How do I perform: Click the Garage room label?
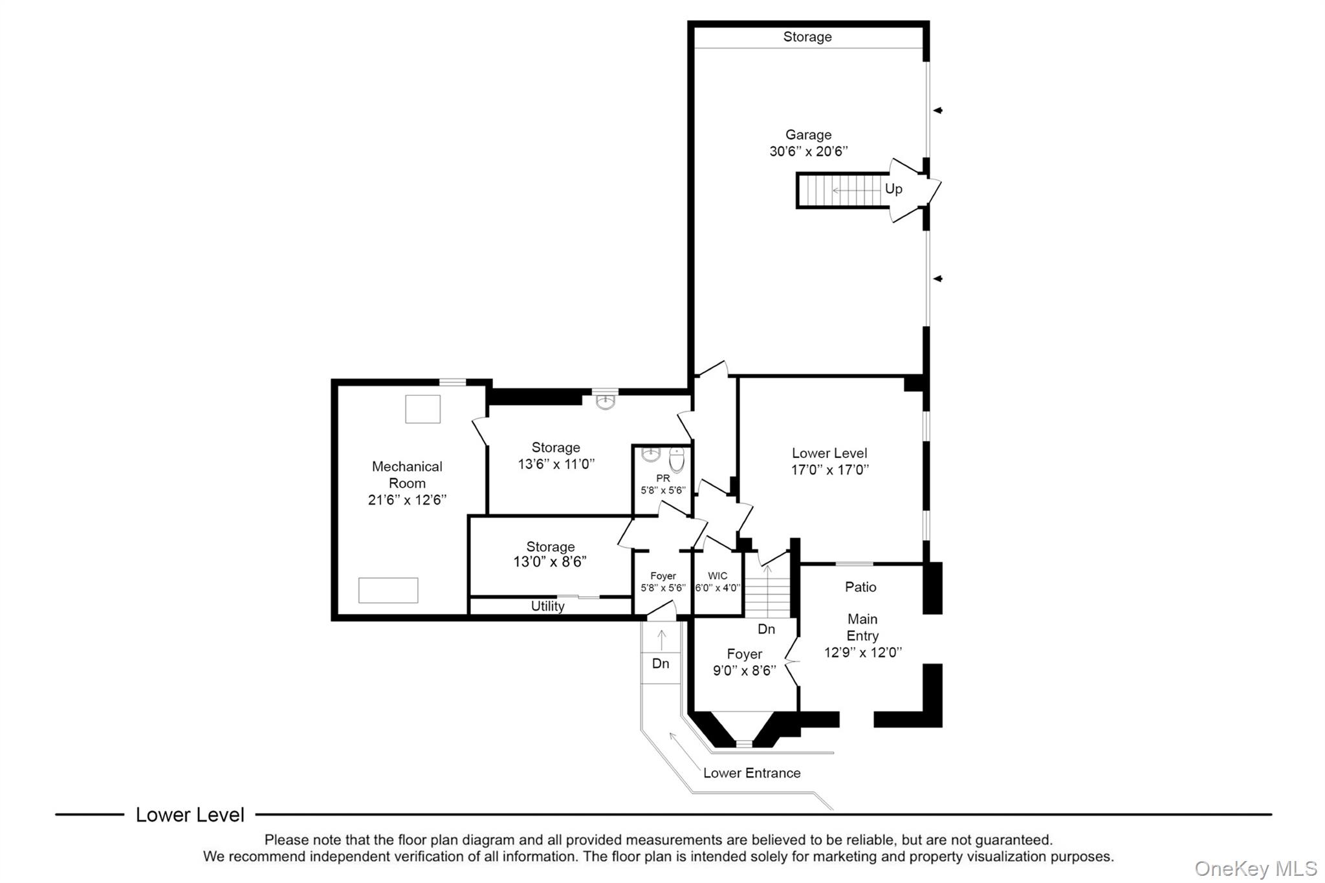click(808, 135)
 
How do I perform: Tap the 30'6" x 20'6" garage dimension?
click(808, 151)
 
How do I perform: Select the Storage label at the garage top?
click(807, 37)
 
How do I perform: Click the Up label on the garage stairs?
click(893, 189)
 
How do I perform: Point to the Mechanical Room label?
click(407, 474)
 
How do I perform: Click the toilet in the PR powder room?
click(676, 461)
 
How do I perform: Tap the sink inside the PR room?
click(650, 455)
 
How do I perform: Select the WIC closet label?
click(717, 576)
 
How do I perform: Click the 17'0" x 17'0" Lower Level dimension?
click(829, 470)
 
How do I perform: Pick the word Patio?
click(860, 587)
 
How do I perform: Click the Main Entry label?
click(862, 627)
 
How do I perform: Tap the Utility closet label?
click(547, 606)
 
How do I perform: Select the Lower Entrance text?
click(752, 773)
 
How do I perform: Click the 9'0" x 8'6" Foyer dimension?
click(744, 671)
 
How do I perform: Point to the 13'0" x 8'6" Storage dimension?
click(550, 562)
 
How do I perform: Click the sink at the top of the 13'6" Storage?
click(605, 402)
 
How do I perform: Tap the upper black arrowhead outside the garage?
click(937, 111)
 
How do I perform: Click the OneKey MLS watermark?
click(1255, 868)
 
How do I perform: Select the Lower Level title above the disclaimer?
click(190, 814)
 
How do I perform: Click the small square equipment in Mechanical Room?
click(422, 409)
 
